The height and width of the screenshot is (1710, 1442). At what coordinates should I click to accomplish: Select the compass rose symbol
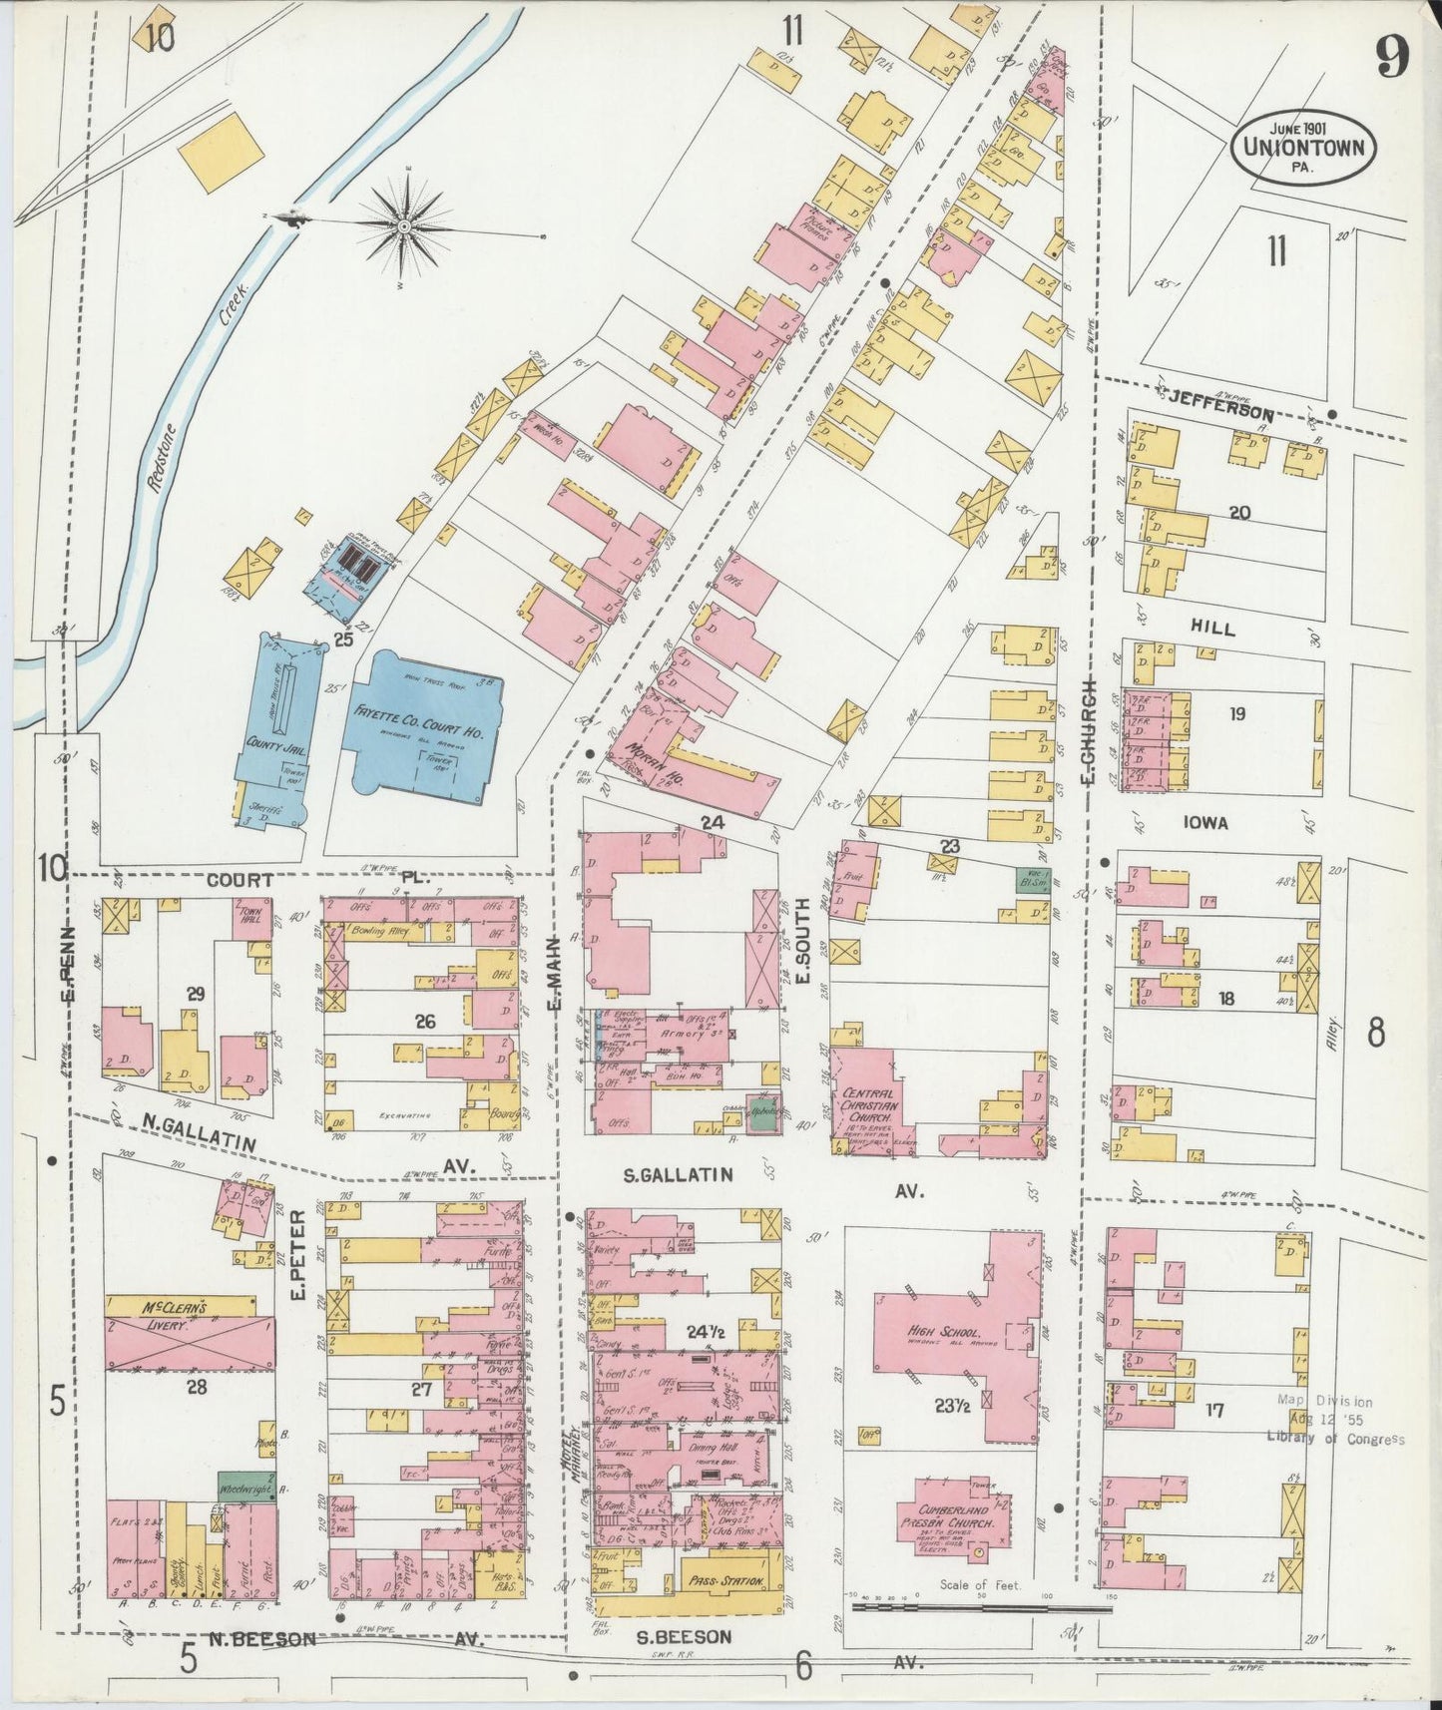point(405,228)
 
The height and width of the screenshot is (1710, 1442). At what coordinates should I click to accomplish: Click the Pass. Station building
point(725,1582)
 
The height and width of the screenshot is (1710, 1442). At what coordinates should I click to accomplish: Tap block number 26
point(426,1022)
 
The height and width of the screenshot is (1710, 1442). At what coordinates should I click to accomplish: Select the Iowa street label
point(1204,824)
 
